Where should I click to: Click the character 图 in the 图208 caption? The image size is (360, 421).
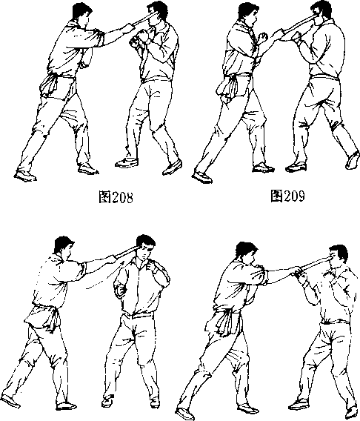105,197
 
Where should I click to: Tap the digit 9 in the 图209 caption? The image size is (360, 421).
301,196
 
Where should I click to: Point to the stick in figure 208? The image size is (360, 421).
143,19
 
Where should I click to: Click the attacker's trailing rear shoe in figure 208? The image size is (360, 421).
24,176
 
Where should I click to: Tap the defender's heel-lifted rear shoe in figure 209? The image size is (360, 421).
353,160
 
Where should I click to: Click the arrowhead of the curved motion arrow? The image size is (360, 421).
123,262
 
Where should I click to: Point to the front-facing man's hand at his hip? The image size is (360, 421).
120,290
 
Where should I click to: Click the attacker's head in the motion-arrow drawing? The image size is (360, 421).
64,246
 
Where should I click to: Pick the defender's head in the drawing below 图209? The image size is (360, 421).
338,257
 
